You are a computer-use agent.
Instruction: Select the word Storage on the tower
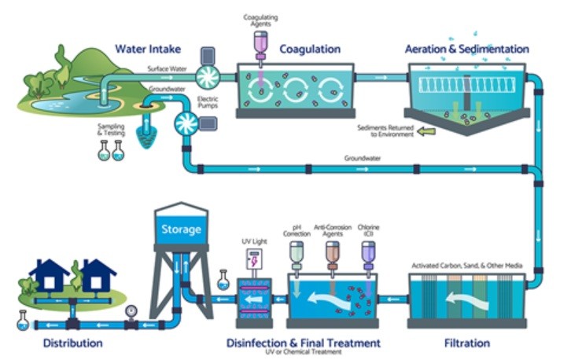[181, 230]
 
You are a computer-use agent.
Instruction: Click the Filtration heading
[466, 343]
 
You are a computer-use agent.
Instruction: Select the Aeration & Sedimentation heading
[466, 49]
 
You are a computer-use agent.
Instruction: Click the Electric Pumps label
[208, 102]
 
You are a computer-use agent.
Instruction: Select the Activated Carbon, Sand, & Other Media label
[467, 266]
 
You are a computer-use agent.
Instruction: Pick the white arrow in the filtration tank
[464, 301]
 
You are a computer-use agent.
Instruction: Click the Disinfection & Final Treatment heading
[304, 343]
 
